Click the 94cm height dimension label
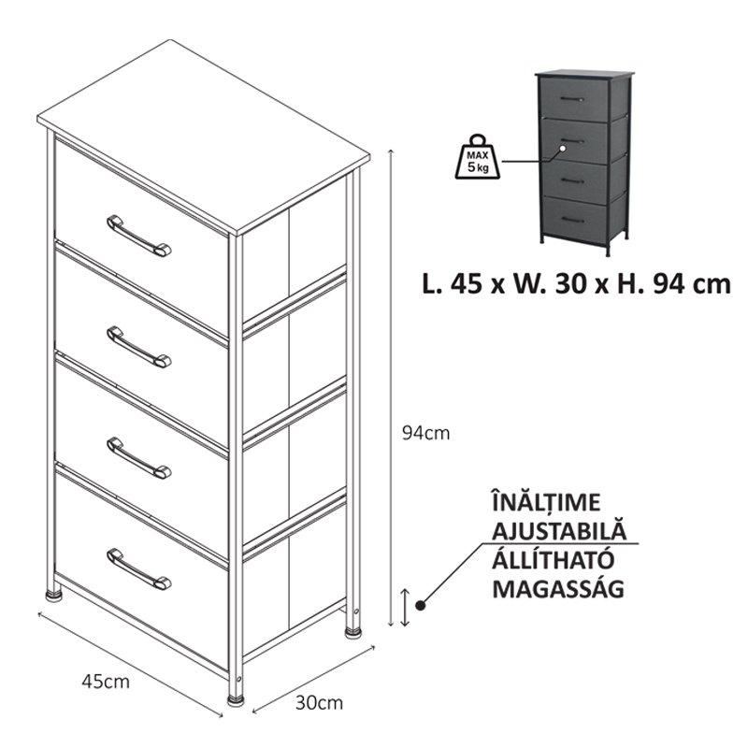425,433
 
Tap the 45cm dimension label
106,682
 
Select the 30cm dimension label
319,703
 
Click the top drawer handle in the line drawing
138,237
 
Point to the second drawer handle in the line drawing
138,347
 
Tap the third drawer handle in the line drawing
138,458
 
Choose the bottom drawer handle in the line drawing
138,569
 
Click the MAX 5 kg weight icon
478,157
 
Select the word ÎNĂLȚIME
546,503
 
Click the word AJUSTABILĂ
559,530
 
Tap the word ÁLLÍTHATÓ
553,559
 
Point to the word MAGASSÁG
558,588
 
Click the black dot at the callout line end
420,605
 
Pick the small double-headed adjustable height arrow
405,607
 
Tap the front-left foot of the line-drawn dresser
236,700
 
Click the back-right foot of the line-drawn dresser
353,633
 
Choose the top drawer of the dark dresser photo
574,99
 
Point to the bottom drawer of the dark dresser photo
575,219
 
